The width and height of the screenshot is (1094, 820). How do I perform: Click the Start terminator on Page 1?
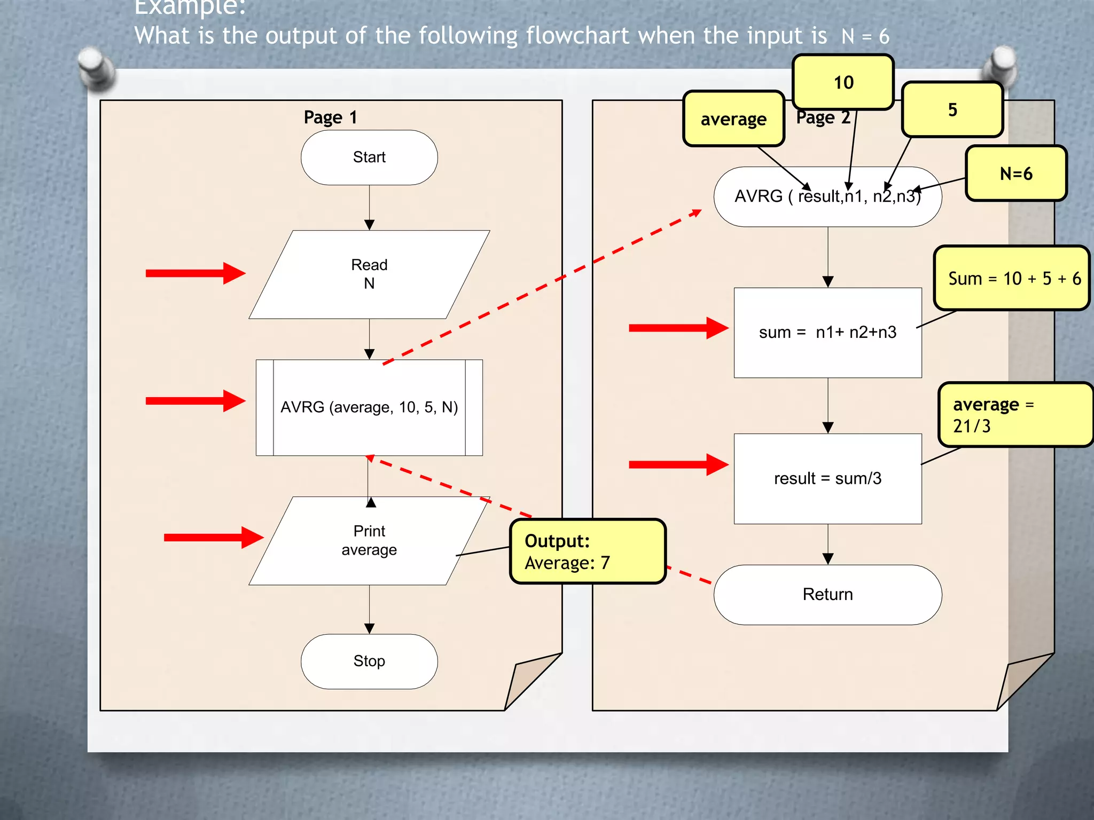point(369,157)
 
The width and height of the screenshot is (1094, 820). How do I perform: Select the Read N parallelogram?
point(369,274)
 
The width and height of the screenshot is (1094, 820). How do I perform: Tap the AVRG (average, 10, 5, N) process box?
point(369,407)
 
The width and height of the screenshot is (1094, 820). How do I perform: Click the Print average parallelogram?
point(369,540)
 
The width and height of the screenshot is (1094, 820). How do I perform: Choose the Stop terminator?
point(369,661)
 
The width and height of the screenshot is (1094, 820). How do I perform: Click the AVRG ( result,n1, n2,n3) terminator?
point(827,196)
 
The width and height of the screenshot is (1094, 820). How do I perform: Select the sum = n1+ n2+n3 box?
point(827,333)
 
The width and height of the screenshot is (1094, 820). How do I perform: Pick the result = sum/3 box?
point(827,478)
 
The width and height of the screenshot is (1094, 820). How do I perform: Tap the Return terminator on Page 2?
point(827,594)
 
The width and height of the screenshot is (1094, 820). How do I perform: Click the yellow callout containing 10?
point(843,83)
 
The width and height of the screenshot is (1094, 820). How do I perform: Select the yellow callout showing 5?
point(952,110)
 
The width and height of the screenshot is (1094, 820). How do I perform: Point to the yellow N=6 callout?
point(1016,174)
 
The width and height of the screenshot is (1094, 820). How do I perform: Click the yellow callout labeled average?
point(733,119)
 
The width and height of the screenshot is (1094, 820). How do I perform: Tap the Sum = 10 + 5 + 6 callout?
point(1012,278)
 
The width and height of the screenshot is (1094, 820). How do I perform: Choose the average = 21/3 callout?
point(1015,415)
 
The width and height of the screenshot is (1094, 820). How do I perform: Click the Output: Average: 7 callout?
point(588,551)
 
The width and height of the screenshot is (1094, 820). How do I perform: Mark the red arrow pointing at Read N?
point(195,273)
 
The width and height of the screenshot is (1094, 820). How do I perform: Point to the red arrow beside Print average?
point(213,537)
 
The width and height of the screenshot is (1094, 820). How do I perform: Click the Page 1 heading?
point(330,117)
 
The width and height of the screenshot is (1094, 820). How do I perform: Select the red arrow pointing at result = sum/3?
point(678,464)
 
